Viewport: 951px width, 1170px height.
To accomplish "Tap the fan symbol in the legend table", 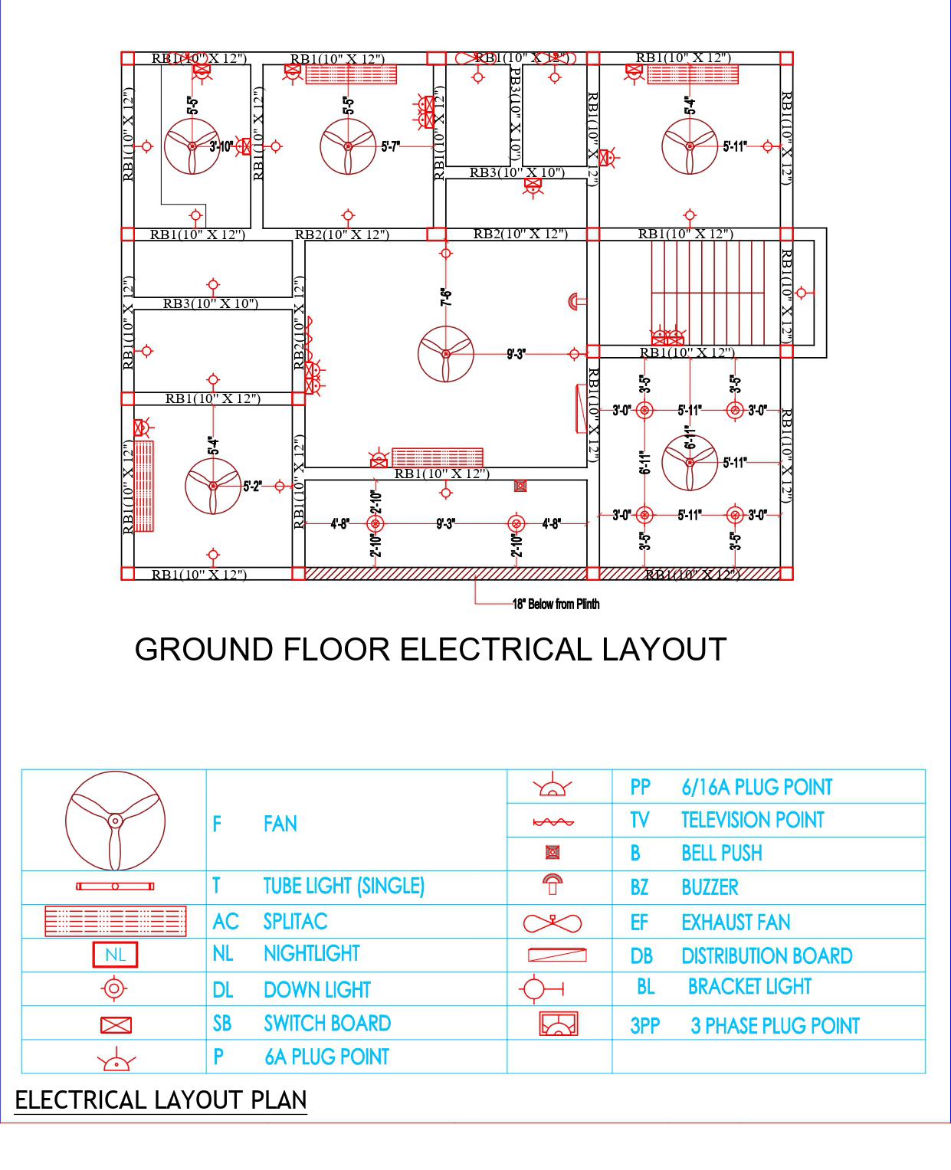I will (115, 821).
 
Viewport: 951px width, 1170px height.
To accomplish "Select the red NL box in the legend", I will (115, 955).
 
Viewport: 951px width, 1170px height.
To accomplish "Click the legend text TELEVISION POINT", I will (752, 820).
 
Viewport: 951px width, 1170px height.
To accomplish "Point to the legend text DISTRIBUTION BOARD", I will (766, 955).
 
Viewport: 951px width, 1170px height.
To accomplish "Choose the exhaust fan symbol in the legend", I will (552, 923).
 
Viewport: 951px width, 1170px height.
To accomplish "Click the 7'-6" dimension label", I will (446, 297).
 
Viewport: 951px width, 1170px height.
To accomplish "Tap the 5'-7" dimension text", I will (390, 146).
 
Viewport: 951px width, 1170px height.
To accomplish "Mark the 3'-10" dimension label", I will (221, 146).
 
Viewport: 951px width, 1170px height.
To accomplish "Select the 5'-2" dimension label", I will (252, 486).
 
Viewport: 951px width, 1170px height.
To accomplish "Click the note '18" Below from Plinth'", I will (556, 604).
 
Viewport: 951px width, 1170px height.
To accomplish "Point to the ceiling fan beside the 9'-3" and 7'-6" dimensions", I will (446, 354).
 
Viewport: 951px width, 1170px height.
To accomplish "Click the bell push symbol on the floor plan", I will (520, 486).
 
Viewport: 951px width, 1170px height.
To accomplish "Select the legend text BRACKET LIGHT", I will (749, 987).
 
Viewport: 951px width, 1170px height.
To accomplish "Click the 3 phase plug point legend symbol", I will (559, 1024).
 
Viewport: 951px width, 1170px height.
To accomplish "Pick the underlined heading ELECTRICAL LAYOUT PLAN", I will (160, 1100).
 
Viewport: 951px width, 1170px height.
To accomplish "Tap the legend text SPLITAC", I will (295, 921).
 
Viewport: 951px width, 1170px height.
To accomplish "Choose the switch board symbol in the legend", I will (116, 1025).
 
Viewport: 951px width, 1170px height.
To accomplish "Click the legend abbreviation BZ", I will (639, 887).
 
